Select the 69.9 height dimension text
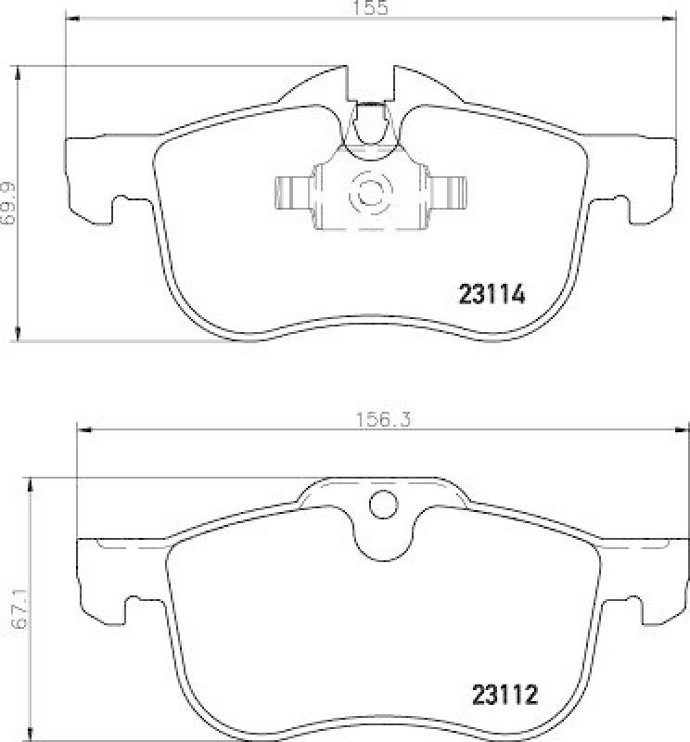(x=8, y=203)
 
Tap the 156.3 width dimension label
(x=382, y=420)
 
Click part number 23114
(x=492, y=295)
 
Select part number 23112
(x=505, y=693)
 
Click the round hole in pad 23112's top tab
(x=382, y=505)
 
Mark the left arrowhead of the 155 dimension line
(x=71, y=19)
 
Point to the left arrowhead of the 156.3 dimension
(x=83, y=429)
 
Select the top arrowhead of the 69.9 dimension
(x=19, y=71)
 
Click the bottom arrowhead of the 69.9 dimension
(x=19, y=335)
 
